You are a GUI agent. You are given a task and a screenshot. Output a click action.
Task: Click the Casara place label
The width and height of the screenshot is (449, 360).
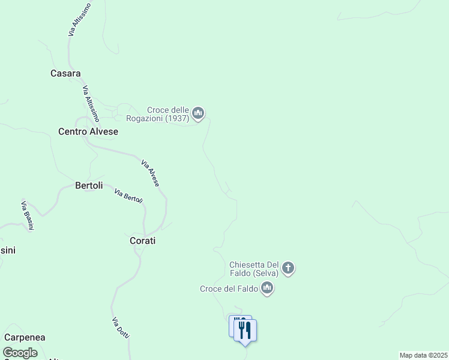(65, 74)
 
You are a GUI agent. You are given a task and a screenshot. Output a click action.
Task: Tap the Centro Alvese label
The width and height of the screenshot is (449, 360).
(88, 131)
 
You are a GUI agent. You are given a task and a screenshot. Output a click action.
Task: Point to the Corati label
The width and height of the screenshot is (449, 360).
(142, 241)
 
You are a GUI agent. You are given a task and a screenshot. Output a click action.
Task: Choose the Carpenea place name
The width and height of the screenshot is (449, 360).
(25, 338)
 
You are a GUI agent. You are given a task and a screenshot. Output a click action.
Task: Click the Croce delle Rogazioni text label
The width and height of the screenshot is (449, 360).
(168, 110)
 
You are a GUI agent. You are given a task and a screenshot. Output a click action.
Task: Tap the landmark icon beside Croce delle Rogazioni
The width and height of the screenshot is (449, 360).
(198, 113)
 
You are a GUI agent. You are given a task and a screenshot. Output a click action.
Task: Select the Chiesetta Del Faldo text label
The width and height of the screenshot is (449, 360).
(255, 265)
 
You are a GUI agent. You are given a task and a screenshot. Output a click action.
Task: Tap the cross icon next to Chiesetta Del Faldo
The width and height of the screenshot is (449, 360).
(288, 268)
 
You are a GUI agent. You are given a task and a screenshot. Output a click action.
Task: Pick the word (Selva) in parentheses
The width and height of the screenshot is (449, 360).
(265, 273)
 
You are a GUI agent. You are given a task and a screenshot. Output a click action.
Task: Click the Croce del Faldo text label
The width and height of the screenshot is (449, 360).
(229, 289)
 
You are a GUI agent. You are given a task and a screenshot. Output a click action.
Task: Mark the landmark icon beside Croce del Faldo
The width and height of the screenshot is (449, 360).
(267, 289)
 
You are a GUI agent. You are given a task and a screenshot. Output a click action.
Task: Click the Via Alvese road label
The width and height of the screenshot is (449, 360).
(150, 173)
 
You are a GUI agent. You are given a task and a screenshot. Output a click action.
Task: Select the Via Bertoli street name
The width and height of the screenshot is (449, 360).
(128, 196)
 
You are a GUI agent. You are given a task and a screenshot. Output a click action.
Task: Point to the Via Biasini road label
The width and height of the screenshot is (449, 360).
(27, 215)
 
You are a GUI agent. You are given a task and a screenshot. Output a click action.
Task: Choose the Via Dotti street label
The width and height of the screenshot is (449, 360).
(120, 328)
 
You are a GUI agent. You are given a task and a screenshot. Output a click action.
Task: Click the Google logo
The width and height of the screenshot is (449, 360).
(20, 353)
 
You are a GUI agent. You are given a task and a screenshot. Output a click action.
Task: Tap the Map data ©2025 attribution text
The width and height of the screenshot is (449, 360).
(423, 355)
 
